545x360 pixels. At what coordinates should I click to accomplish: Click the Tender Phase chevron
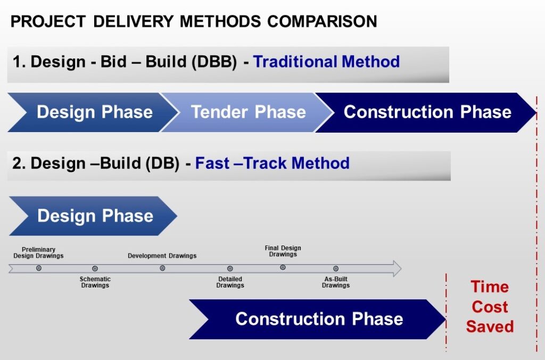point(247,112)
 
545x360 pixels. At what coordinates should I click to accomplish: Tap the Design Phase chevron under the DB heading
point(93,216)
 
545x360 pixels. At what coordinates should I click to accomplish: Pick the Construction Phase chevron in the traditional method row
point(426,112)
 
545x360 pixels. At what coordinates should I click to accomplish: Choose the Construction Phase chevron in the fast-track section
point(318,320)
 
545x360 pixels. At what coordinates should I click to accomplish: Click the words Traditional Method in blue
point(326,62)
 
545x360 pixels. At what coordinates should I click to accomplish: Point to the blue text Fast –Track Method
point(272,163)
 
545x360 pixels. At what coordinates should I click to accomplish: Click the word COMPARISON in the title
point(322,21)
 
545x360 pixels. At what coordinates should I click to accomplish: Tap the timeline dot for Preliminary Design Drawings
point(38,268)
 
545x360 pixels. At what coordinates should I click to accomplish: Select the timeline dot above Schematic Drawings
point(95,268)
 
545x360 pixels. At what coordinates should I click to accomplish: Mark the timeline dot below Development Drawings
point(162,268)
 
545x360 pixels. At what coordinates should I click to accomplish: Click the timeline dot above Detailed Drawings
point(230,268)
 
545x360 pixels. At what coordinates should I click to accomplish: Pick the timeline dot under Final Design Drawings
point(283,267)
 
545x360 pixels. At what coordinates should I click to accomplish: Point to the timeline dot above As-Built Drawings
point(336,268)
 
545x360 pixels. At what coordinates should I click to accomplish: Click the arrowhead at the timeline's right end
point(397,268)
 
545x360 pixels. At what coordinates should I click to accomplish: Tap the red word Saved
point(490,326)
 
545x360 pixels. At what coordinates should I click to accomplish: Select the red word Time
point(490,287)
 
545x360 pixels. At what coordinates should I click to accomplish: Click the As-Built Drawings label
point(336,282)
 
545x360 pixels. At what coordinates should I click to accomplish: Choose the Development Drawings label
point(162,256)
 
